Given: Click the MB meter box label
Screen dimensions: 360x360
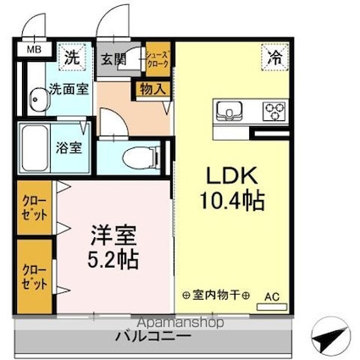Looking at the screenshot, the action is pos(34,50).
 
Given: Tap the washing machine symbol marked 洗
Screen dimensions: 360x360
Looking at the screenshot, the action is pos(71,57).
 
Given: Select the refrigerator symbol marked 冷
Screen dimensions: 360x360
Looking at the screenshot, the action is pos(274,57).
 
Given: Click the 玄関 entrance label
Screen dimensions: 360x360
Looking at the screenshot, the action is pos(114,59).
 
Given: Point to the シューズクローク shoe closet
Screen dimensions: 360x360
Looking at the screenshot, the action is pos(158,59).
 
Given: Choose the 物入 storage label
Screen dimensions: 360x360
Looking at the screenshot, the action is pos(152,89).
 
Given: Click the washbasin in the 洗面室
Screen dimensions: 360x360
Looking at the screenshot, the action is pos(38,100).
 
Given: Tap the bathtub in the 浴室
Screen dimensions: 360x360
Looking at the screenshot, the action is pos(35,148).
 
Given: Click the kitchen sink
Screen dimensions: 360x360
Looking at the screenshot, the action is pos(230,111).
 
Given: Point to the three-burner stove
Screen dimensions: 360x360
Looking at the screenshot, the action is pos(274,111).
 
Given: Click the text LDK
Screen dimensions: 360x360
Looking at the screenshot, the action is pos(232,175).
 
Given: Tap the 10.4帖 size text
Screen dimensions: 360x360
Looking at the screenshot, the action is pos(232,201).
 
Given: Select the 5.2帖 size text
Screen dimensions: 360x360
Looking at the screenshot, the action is pos(113,259).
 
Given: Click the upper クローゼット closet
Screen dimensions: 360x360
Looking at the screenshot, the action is pos(35,208).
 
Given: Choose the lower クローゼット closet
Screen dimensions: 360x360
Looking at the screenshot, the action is pos(35,277).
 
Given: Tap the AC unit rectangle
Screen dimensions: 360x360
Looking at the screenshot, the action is pos(272,307).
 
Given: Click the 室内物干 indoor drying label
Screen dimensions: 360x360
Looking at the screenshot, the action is pos(216,296).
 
